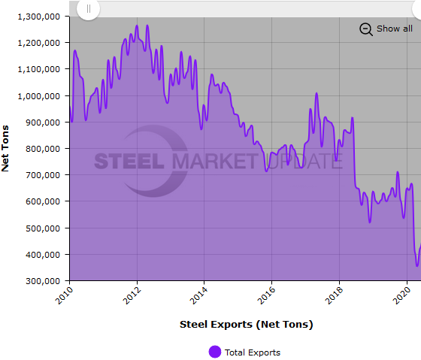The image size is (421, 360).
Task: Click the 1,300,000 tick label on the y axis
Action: [37, 17]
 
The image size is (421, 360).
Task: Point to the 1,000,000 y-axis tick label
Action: [37, 96]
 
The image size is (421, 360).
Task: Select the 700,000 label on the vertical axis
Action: [42, 175]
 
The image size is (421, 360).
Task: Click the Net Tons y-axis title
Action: [6, 148]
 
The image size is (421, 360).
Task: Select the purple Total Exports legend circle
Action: [215, 352]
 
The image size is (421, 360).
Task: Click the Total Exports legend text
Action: [253, 352]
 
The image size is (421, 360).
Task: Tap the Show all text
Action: [395, 29]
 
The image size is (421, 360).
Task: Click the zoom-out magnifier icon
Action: [366, 29]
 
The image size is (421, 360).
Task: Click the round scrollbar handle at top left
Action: [88, 9]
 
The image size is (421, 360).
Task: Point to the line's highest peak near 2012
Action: [147, 26]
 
